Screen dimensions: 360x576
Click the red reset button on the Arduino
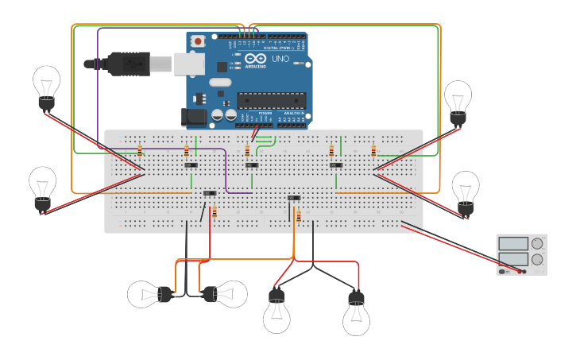197,41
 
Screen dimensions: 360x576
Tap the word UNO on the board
280,59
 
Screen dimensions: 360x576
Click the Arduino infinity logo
256,59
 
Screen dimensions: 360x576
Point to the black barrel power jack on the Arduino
195,117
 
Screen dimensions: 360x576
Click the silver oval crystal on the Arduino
219,82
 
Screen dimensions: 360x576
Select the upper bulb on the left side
46,85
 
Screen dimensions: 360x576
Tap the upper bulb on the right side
458,100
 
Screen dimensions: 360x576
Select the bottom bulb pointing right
225,295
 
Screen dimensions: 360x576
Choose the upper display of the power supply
513,243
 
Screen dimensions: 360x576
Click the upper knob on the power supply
538,243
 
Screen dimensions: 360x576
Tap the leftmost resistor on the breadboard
140,150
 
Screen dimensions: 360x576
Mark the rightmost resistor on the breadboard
373,150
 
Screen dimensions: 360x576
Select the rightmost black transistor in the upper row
336,165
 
